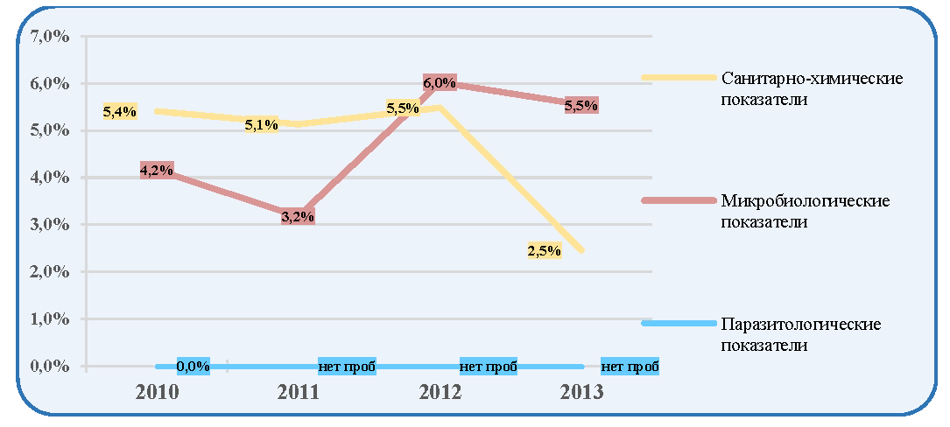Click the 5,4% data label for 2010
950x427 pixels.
pyautogui.click(x=120, y=111)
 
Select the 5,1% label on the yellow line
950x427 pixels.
pyautogui.click(x=261, y=125)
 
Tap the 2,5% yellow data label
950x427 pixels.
pyautogui.click(x=544, y=251)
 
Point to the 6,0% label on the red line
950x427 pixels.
pyautogui.click(x=440, y=83)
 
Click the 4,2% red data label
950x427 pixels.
pyautogui.click(x=157, y=171)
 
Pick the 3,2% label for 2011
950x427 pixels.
pyautogui.click(x=298, y=217)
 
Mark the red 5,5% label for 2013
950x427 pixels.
pyautogui.click(x=581, y=105)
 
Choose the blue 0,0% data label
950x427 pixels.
pyautogui.click(x=194, y=367)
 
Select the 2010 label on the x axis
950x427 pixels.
pyautogui.click(x=158, y=393)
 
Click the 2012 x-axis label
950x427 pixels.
pyautogui.click(x=440, y=393)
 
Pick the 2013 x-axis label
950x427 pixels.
pyautogui.click(x=581, y=393)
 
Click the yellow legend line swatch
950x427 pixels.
pyautogui.click(x=679, y=78)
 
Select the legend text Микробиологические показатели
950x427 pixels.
pyautogui.click(x=806, y=211)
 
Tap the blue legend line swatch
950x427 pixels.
pyautogui.click(x=679, y=324)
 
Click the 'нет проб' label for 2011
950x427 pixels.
pyautogui.click(x=347, y=367)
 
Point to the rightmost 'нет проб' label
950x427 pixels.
pyautogui.click(x=630, y=367)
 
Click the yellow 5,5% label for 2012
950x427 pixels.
pyautogui.click(x=403, y=109)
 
